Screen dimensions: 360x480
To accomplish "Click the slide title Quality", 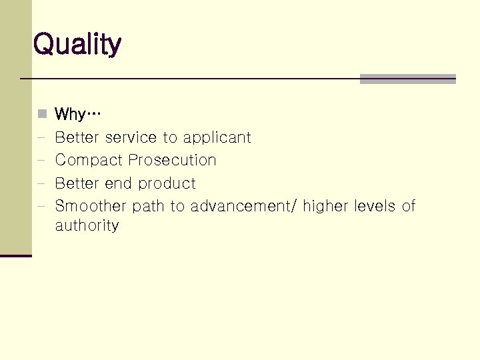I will [77, 45].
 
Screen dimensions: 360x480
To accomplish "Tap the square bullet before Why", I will [41, 114].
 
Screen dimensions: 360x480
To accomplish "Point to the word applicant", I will [217, 138].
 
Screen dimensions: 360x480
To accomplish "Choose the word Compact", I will [89, 161].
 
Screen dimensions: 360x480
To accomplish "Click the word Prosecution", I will [172, 160].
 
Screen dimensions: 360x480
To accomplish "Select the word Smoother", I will [91, 206].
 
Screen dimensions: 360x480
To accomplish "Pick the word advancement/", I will [244, 206].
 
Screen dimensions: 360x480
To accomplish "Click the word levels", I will [375, 206].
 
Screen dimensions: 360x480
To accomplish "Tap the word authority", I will [87, 225].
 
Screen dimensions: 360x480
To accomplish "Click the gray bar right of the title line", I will [407, 79].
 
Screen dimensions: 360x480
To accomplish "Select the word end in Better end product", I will [118, 183].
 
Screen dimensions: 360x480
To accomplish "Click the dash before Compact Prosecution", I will [41, 161].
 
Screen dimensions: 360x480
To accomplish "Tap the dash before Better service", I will [41, 138].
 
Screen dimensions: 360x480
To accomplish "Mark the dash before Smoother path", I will [41, 206].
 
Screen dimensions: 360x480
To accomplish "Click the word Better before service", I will [77, 137].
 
